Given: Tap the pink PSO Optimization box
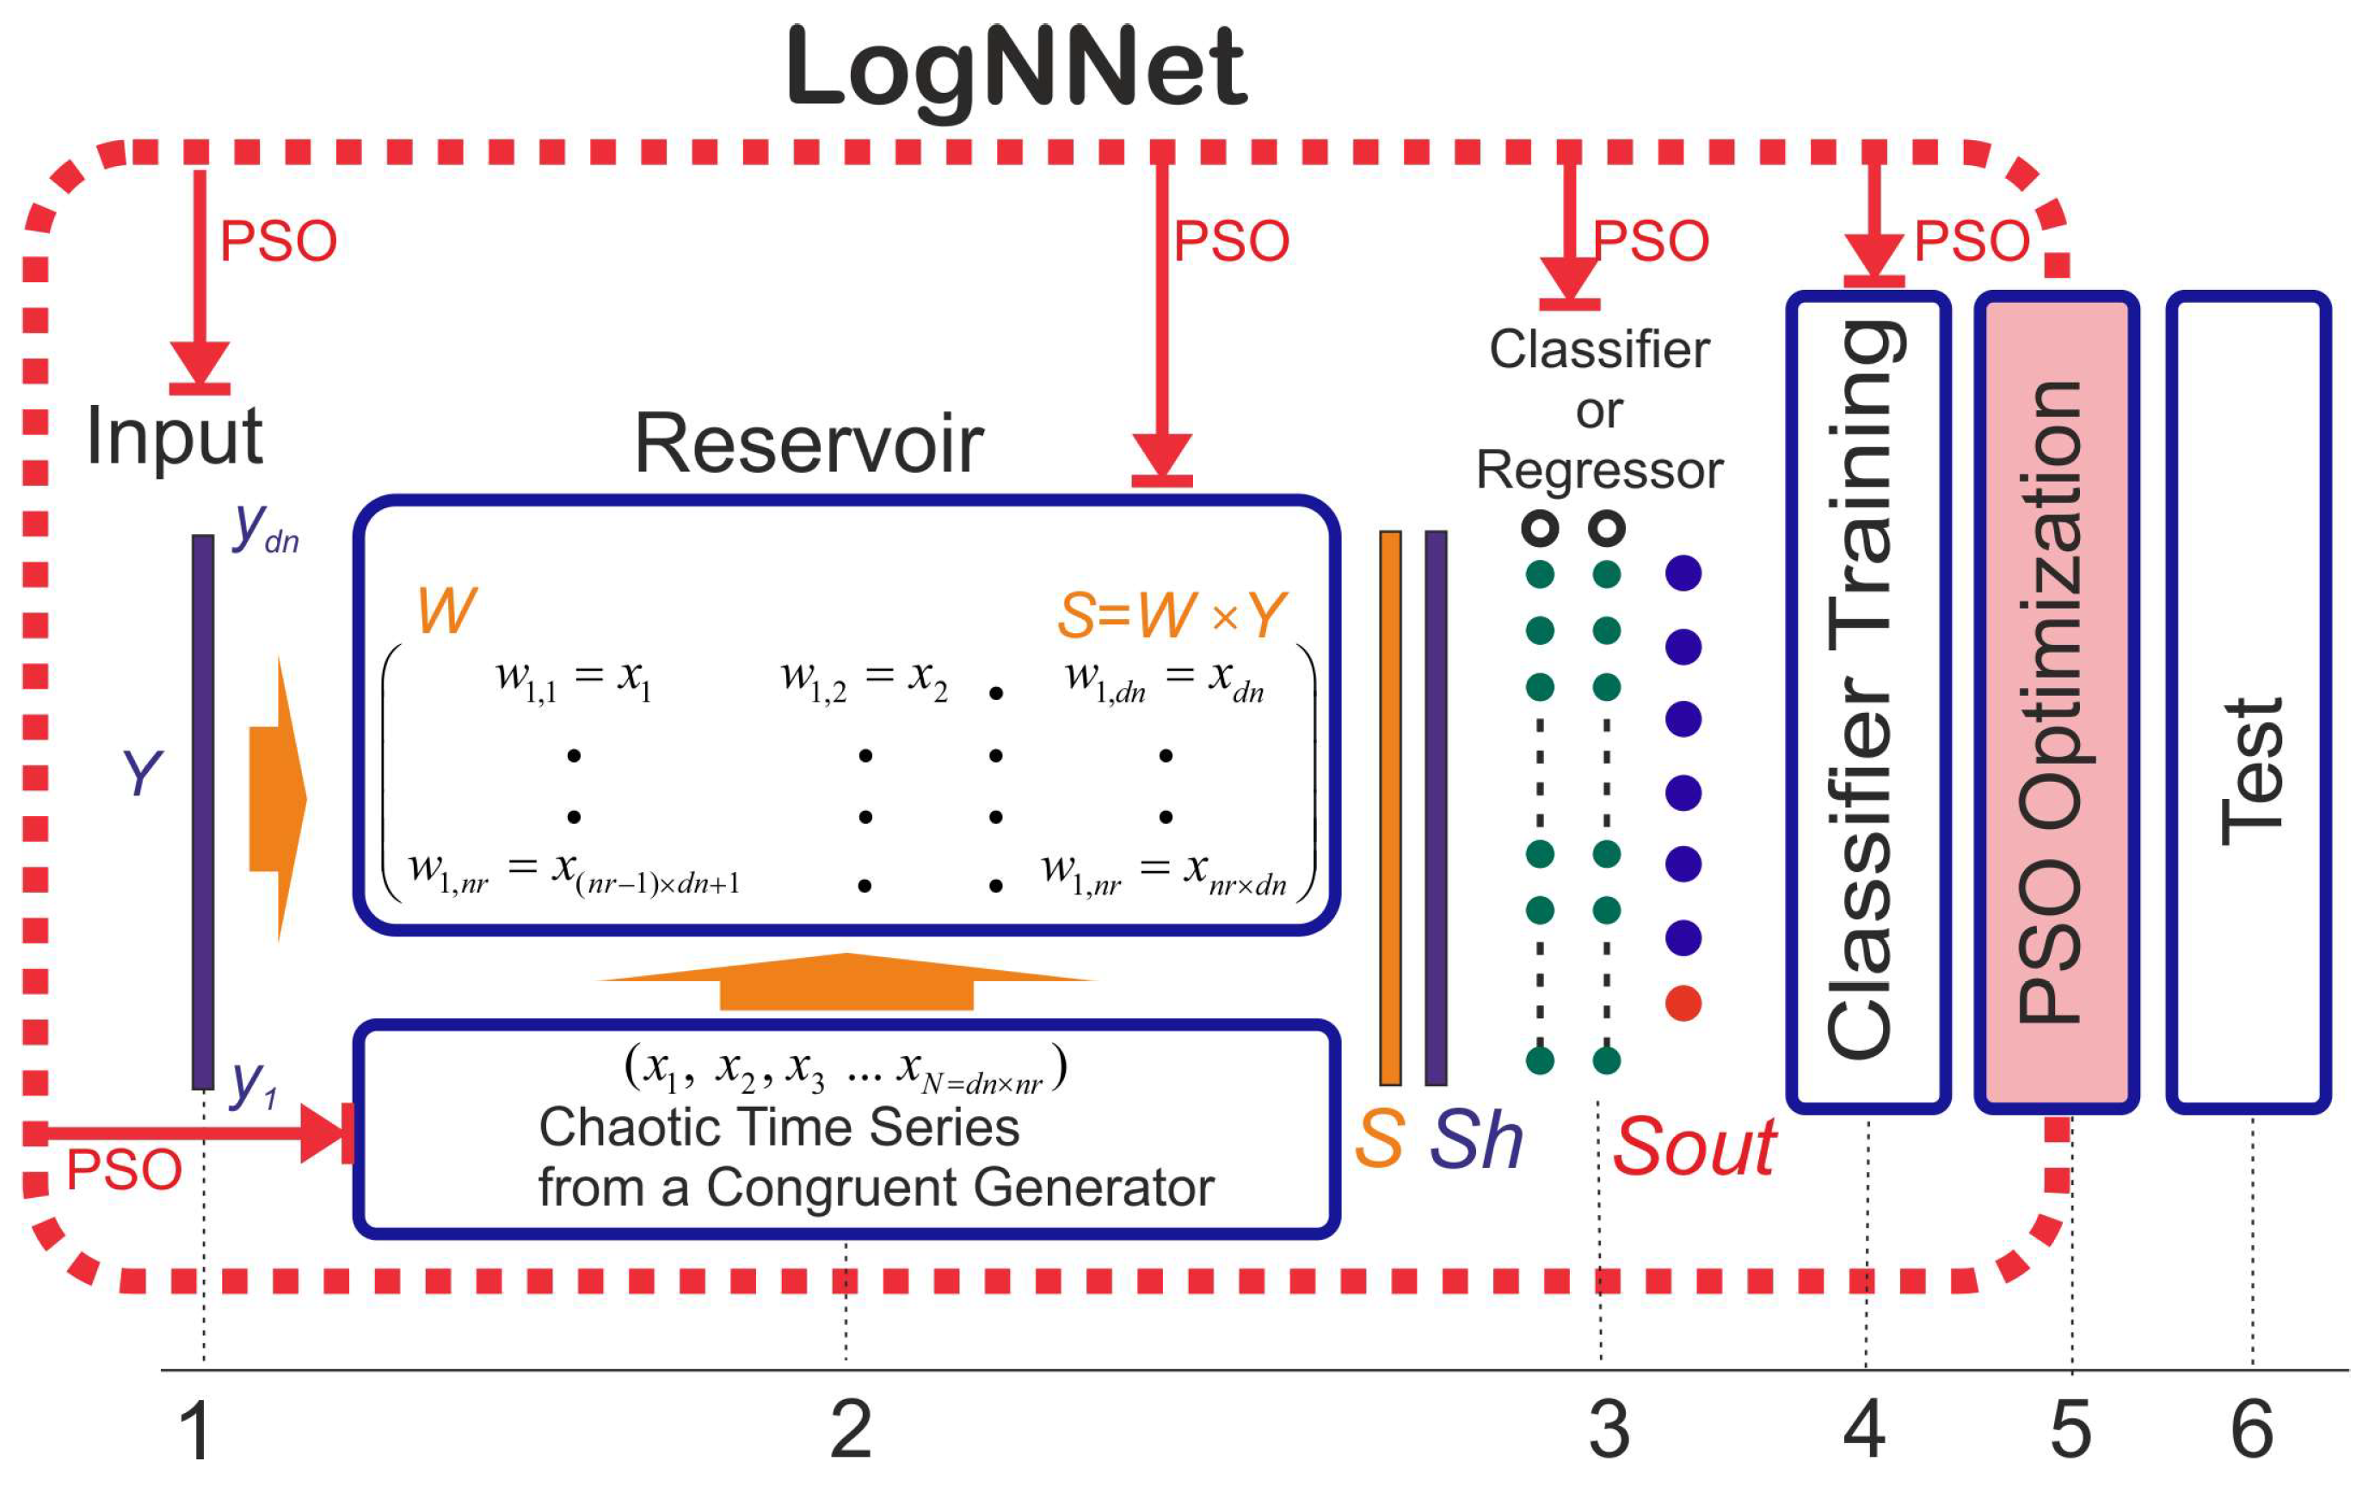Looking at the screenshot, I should tap(2057, 702).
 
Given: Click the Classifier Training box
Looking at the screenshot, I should tap(1867, 702).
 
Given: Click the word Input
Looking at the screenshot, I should tap(174, 435).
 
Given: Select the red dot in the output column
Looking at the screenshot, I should tap(1683, 1004).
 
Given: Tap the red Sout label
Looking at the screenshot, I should tap(1694, 1147).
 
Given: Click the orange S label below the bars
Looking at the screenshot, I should tap(1378, 1140).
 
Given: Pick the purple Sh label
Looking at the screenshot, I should tap(1475, 1140).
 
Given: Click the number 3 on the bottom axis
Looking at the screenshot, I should tap(1609, 1430).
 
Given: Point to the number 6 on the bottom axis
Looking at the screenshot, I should tap(2252, 1430).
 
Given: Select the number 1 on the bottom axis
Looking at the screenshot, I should tap(195, 1430).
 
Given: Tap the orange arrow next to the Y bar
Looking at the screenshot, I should tap(278, 799).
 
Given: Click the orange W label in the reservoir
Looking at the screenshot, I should tap(446, 611).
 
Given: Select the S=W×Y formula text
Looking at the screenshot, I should tap(1171, 615).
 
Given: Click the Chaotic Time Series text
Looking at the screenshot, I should tap(778, 1127).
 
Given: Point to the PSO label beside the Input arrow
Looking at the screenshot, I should tap(278, 241).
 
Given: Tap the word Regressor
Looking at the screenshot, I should tap(1599, 470).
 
